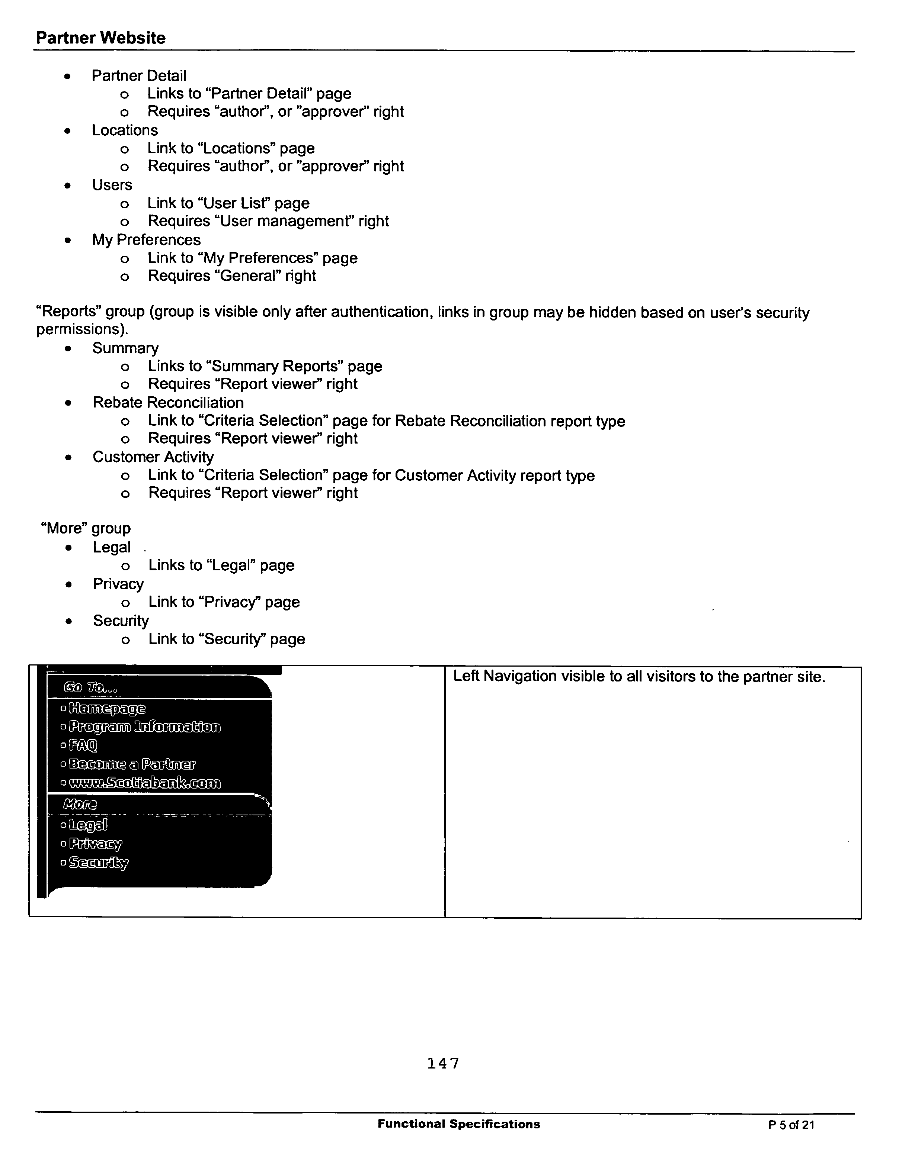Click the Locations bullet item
pyautogui.click(x=125, y=130)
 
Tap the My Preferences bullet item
pyautogui.click(x=146, y=240)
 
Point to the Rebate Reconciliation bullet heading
pyautogui.click(x=168, y=403)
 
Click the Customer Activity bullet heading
pyautogui.click(x=153, y=457)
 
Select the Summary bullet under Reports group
pyautogui.click(x=126, y=348)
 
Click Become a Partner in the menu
pyautogui.click(x=132, y=764)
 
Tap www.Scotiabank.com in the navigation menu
pyautogui.click(x=144, y=783)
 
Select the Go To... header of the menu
pyautogui.click(x=90, y=688)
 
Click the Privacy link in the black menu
pyautogui.click(x=95, y=843)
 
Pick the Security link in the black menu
pyautogui.click(x=99, y=863)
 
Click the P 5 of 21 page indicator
pyautogui.click(x=791, y=1125)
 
